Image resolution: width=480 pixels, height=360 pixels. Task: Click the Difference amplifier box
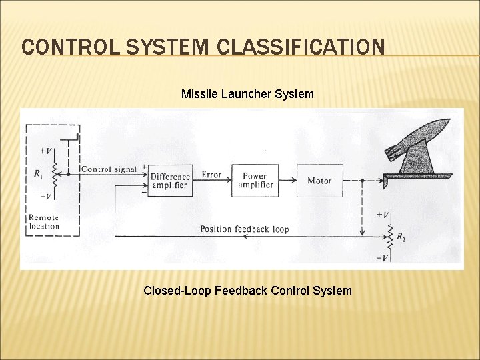[171, 181]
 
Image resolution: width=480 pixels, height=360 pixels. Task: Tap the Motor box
[319, 180]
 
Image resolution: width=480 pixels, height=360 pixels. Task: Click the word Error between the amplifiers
[211, 175]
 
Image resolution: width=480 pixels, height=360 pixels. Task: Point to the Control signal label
[109, 169]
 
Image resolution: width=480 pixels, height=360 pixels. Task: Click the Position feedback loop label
[245, 229]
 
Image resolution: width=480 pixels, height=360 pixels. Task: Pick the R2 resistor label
[400, 237]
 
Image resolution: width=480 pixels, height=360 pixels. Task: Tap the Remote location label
[44, 222]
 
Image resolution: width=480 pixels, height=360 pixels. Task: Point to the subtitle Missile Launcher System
[247, 94]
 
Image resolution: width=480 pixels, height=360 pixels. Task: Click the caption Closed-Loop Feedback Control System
[247, 290]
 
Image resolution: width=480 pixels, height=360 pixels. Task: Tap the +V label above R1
[47, 151]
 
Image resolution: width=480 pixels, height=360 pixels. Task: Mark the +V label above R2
[383, 215]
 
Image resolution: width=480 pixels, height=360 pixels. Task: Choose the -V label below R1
[47, 196]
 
